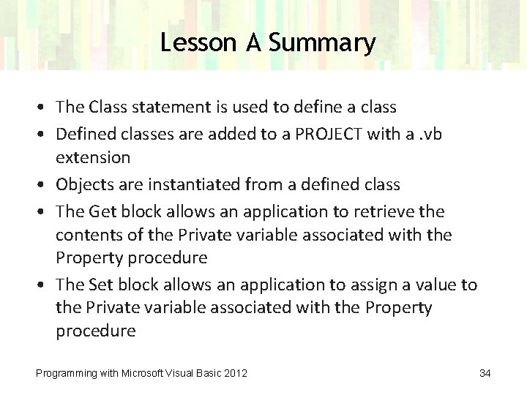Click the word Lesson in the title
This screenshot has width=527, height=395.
tap(195, 43)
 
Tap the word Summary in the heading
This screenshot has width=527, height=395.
tap(321, 43)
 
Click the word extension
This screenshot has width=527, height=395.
tap(93, 157)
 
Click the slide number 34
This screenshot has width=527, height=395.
tap(485, 374)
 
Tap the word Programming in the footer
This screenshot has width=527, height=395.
tap(66, 374)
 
